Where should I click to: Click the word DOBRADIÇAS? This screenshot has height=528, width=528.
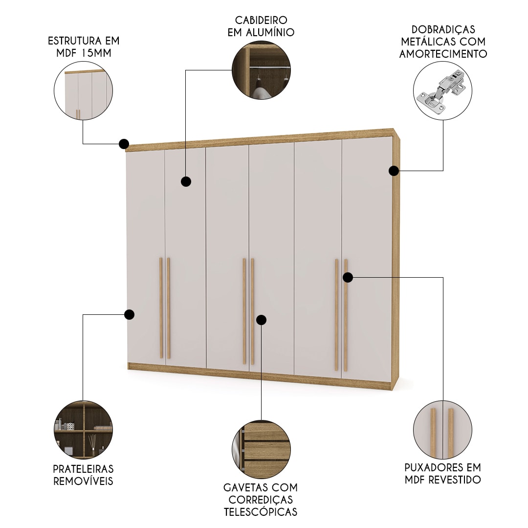[x=443, y=29]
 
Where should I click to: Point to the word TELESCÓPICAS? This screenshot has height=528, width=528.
[x=261, y=512]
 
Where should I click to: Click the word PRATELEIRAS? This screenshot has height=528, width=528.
[x=83, y=469]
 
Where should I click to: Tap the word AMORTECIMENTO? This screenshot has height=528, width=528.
[x=443, y=54]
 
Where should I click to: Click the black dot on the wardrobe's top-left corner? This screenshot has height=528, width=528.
[x=124, y=144]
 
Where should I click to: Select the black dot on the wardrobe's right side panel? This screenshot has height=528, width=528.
[x=394, y=171]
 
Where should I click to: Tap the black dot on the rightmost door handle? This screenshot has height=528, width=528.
[x=348, y=278]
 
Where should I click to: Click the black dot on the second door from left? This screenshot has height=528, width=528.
[x=186, y=181]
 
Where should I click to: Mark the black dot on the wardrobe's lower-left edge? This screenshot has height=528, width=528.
[x=129, y=314]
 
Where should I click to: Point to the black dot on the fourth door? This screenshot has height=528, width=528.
[x=261, y=320]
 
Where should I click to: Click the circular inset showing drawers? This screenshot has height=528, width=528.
[x=261, y=450]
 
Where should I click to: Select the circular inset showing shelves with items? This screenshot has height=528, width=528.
[x=83, y=429]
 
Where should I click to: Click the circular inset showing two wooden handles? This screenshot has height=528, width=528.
[x=442, y=430]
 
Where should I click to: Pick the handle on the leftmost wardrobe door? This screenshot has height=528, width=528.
[x=161, y=308]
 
